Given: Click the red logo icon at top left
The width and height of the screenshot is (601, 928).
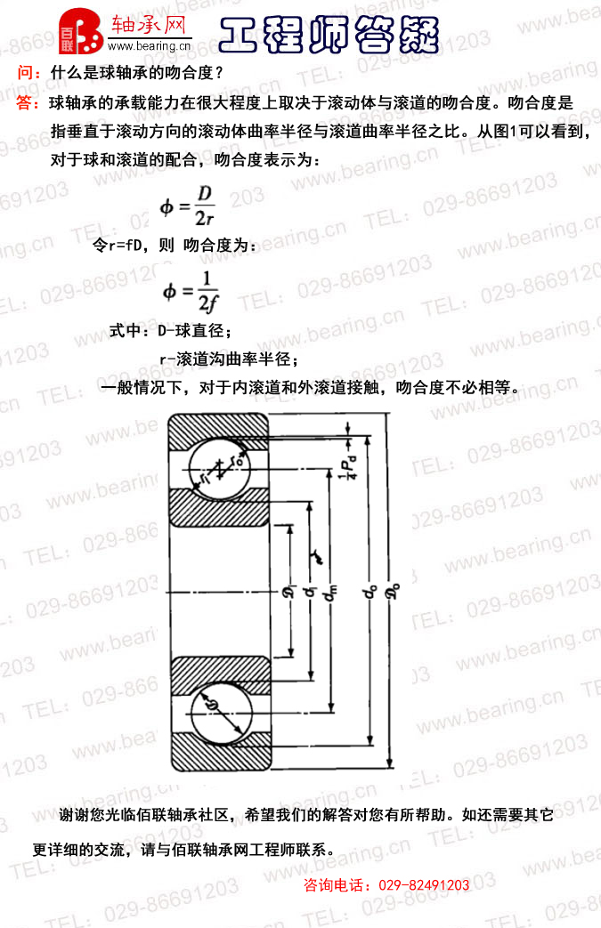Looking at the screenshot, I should coord(81,32).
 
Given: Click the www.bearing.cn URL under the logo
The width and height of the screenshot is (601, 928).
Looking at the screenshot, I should coord(149,46).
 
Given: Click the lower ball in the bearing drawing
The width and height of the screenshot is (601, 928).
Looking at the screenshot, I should coord(220,707).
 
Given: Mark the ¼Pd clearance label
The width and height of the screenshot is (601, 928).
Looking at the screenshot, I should coord(352,466).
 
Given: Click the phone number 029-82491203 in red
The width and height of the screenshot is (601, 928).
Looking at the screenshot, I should coord(424,885).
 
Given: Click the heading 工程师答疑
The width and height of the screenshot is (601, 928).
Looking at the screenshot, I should coord(329,36).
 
